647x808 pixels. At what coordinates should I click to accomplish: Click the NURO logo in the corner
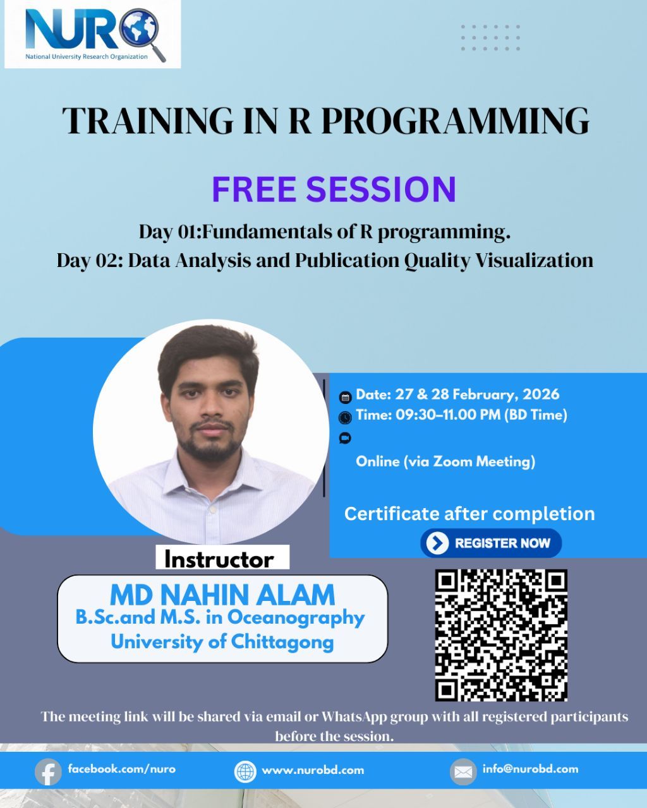(92, 34)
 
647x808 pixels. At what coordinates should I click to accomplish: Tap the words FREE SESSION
(334, 189)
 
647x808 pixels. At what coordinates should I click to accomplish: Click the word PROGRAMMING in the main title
(455, 121)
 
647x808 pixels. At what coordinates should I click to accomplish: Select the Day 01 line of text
(324, 232)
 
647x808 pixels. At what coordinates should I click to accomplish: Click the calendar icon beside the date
(345, 397)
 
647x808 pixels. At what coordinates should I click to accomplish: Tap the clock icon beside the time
(345, 417)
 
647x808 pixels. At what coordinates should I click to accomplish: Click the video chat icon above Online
(345, 438)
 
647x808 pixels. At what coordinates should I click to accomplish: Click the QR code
(501, 635)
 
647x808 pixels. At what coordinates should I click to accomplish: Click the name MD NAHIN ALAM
(222, 595)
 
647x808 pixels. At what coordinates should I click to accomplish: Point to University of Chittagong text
(222, 642)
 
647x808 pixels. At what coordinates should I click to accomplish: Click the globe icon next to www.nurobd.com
(245, 772)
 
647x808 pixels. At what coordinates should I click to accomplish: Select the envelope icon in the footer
(463, 772)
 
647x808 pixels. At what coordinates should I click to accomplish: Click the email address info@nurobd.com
(531, 769)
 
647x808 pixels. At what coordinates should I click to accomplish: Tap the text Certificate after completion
(469, 514)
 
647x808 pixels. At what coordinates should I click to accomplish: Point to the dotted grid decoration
(490, 37)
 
